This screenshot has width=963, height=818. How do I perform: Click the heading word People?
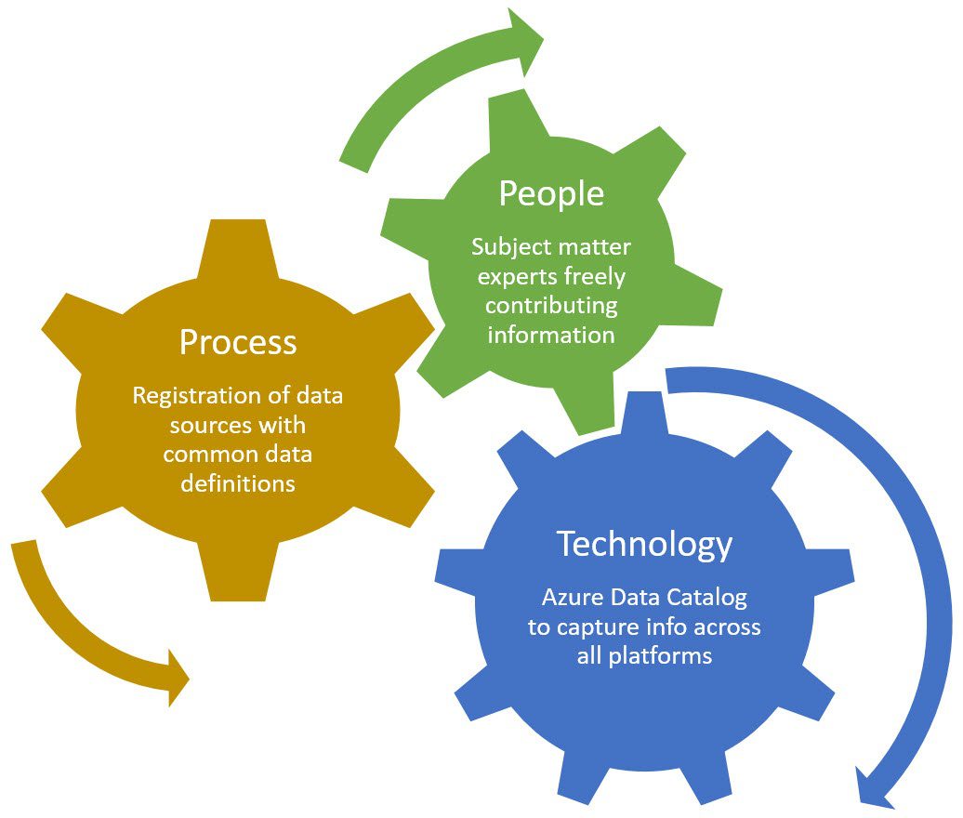551,194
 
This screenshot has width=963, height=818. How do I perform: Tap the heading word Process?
238,342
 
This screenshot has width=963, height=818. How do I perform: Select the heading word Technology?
644,544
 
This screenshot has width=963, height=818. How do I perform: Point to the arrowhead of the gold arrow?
177,678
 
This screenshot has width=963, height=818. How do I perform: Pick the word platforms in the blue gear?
660,656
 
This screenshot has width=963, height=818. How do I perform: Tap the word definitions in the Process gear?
238,483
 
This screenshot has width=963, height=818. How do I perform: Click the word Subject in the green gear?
509,247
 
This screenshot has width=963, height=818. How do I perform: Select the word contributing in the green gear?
551,307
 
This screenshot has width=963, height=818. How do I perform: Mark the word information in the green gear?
551,335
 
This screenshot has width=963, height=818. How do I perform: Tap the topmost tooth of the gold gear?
238,245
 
